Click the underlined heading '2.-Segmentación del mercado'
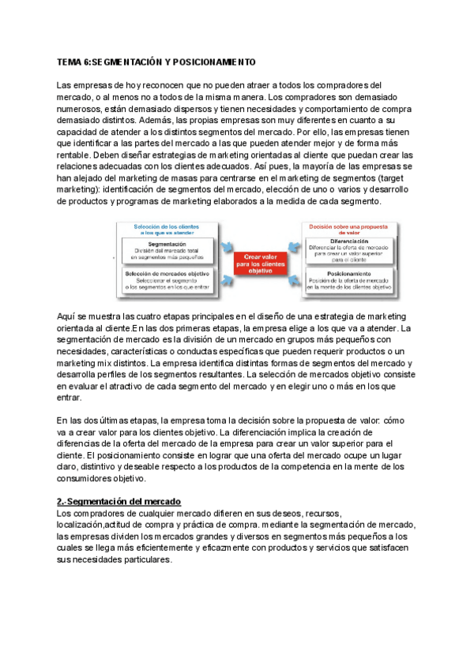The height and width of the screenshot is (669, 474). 119,502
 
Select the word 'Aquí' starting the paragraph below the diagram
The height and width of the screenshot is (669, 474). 66,316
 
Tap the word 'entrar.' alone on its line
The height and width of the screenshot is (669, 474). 70,399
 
